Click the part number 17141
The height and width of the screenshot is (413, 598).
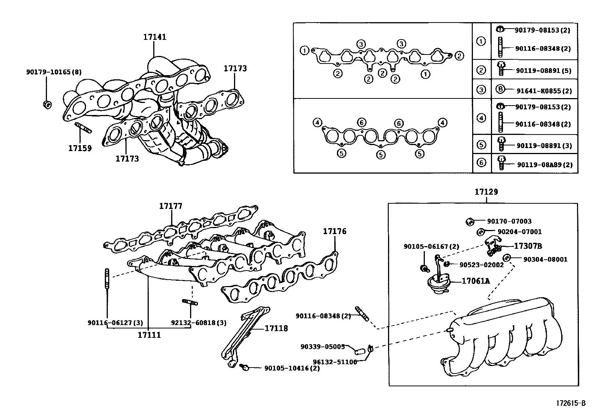point(154,37)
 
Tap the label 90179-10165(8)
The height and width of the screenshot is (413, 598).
point(54,72)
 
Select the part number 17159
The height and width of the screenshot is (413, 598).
point(80,148)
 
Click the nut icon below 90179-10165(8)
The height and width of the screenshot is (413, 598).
point(47,104)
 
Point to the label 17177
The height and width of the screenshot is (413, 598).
point(171,206)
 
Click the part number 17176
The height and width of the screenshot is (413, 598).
point(335,231)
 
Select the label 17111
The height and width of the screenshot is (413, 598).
point(149,335)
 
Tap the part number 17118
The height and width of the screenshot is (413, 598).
point(276,328)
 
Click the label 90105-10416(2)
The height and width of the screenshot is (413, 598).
point(292,368)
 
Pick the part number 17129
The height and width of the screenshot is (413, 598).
point(486,192)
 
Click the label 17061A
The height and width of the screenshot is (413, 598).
point(476,281)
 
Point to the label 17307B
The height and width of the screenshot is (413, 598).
point(528,246)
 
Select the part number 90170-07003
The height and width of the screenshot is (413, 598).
point(509,221)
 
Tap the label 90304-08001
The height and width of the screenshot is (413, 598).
point(545,259)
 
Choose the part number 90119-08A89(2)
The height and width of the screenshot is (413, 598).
point(544,165)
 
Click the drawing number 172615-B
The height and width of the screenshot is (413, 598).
point(571,403)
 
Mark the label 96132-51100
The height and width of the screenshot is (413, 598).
point(335,362)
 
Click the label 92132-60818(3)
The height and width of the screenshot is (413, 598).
point(199,323)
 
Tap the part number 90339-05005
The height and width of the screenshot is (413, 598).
point(323,346)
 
